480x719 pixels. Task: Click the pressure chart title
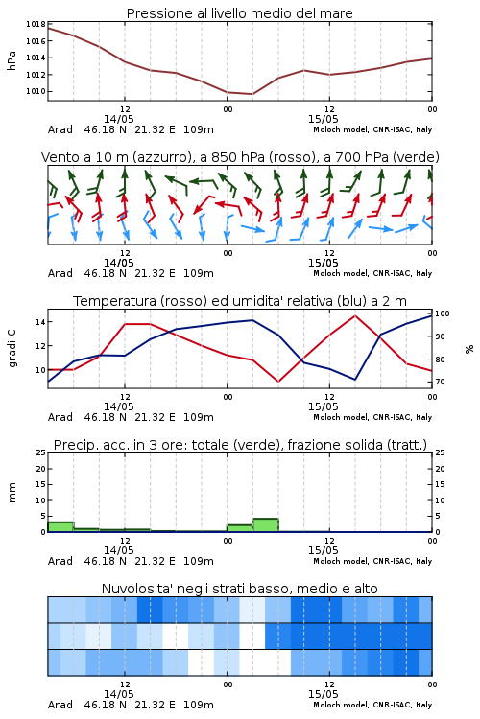pyautogui.click(x=239, y=13)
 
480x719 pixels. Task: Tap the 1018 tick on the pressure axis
pyautogui.click(x=36, y=24)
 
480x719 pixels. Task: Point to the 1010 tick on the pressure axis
pyautogui.click(x=36, y=91)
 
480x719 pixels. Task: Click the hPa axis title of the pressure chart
pyautogui.click(x=12, y=60)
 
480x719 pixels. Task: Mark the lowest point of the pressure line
pyautogui.click(x=252, y=94)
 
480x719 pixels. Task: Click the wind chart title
pyautogui.click(x=240, y=157)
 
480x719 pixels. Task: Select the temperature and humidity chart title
pyautogui.click(x=240, y=301)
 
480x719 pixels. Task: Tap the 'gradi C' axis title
pyautogui.click(x=12, y=348)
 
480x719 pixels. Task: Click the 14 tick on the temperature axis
pyautogui.click(x=40, y=322)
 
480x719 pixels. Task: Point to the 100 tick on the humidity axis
pyautogui.click(x=443, y=313)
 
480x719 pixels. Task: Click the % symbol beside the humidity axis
pyautogui.click(x=469, y=349)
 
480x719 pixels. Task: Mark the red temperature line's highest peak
pyautogui.click(x=354, y=315)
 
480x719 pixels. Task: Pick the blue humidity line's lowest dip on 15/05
pyautogui.click(x=354, y=380)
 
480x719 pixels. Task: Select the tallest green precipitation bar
pyautogui.click(x=266, y=525)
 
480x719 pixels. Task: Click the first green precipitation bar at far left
pyautogui.click(x=60, y=527)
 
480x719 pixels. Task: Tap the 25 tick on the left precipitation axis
pyautogui.click(x=41, y=452)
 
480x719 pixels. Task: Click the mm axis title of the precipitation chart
pyautogui.click(x=12, y=492)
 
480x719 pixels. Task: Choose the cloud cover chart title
pyautogui.click(x=240, y=589)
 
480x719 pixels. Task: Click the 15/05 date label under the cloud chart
pyautogui.click(x=323, y=694)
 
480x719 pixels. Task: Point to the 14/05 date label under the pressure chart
pyautogui.click(x=118, y=119)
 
